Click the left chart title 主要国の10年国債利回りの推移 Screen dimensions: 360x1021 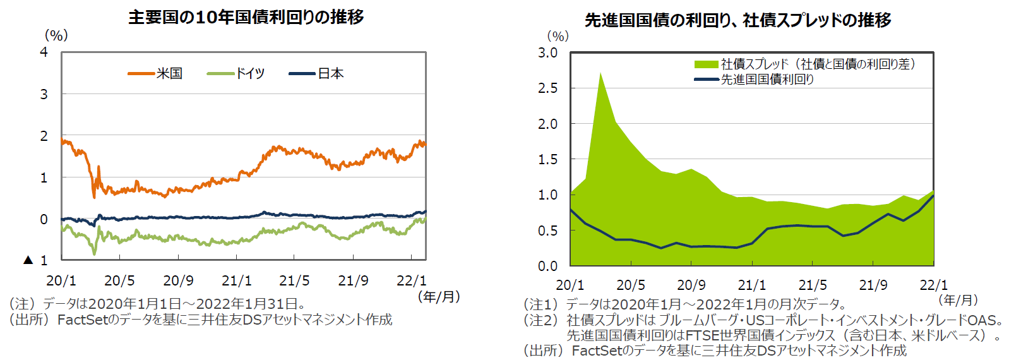(246, 17)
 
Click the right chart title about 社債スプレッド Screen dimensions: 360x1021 (737, 20)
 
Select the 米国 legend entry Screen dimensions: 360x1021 (156, 74)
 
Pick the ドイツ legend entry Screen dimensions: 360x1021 (236, 74)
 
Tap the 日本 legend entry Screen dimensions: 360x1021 (317, 74)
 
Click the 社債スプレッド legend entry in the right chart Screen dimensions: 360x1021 (804, 64)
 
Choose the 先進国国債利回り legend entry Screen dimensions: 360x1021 (755, 80)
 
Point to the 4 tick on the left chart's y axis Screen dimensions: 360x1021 (44, 52)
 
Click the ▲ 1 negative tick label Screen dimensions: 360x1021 (36, 260)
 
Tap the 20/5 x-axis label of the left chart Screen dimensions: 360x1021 (119, 280)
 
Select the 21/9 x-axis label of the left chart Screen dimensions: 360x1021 (353, 280)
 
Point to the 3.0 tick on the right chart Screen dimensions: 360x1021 (547, 53)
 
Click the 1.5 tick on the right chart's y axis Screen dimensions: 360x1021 (547, 160)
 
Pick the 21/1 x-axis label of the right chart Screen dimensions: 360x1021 (752, 285)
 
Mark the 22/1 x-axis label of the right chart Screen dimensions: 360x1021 (934, 285)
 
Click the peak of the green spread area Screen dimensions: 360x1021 (600, 73)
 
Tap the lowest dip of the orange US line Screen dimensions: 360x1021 (95, 197)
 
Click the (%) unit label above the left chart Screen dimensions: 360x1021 (56, 36)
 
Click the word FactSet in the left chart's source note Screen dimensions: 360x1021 (81, 320)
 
